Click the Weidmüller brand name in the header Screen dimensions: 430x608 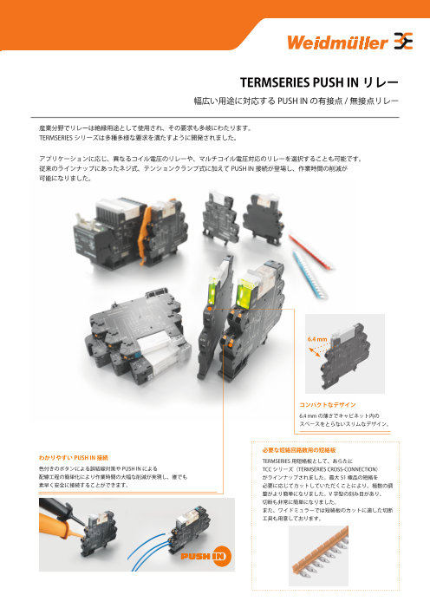pyautogui.click(x=337, y=42)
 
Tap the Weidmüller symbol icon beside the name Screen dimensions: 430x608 pyautogui.click(x=403, y=41)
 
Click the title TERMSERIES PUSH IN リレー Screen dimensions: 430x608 pyautogui.click(x=319, y=82)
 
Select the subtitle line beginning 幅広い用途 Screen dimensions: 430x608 pyautogui.click(x=296, y=101)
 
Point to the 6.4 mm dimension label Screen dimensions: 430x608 pyautogui.click(x=317, y=339)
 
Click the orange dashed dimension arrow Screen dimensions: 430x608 pyautogui.click(x=315, y=352)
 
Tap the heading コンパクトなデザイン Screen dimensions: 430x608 pyautogui.click(x=327, y=405)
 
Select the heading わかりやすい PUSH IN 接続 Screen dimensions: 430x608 pyautogui.click(x=74, y=458)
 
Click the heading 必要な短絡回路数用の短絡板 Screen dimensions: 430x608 pyautogui.click(x=299, y=450)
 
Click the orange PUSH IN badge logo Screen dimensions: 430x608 pyautogui.click(x=205, y=556)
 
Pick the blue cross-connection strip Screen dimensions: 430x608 pyautogui.click(x=310, y=275)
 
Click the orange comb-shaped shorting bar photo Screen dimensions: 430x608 pyautogui.click(x=319, y=555)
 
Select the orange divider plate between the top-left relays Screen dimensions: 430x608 pyautogui.click(x=144, y=237)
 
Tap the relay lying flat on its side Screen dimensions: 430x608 pyautogui.click(x=138, y=333)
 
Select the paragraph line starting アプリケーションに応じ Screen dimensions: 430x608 pyautogui.click(x=200, y=159)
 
